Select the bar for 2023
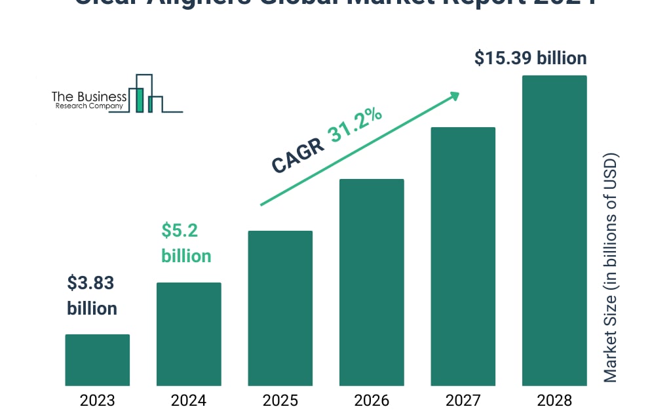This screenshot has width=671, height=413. (97, 360)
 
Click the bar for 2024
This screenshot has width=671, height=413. (189, 334)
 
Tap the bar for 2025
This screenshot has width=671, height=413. (280, 308)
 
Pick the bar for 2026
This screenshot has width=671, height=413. (372, 282)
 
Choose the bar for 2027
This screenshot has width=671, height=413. (463, 256)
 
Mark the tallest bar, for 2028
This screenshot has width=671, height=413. (554, 230)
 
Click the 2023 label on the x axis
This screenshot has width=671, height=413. (97, 400)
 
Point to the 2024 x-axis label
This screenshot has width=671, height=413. (189, 400)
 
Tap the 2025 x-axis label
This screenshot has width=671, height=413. (280, 400)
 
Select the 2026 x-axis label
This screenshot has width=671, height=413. (372, 400)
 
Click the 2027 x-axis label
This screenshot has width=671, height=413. (463, 400)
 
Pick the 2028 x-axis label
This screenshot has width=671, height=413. (554, 400)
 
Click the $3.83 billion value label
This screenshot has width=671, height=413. (92, 296)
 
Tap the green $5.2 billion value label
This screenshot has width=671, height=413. (186, 243)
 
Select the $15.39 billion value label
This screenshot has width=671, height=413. (530, 58)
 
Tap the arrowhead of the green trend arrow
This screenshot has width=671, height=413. (454, 96)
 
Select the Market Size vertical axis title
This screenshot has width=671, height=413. (611, 267)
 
